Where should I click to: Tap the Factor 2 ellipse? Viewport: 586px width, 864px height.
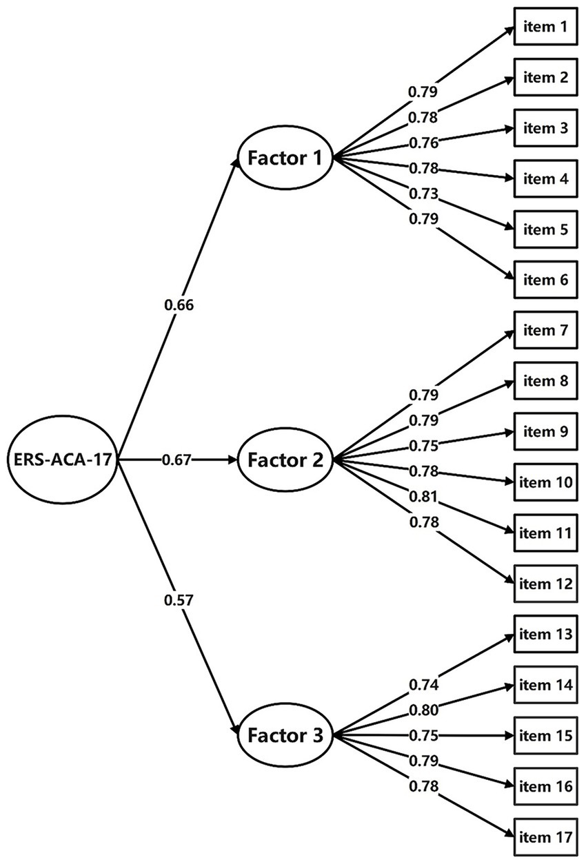pos(285,460)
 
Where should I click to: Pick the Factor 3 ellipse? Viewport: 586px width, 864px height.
pos(285,734)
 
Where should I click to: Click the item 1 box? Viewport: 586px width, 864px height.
pos(545,28)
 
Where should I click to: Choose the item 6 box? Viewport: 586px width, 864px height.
pos(545,280)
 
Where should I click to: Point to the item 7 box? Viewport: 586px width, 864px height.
pos(545,331)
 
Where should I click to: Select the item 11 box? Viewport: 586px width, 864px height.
pos(545,533)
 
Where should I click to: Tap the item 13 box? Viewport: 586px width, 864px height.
pos(545,634)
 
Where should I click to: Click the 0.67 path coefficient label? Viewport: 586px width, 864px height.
pos(176,460)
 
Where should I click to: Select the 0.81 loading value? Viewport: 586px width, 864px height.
pos(423,496)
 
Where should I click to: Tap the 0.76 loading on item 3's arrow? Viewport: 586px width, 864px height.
pos(423,143)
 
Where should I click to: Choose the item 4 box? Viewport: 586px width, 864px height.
pos(545,179)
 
